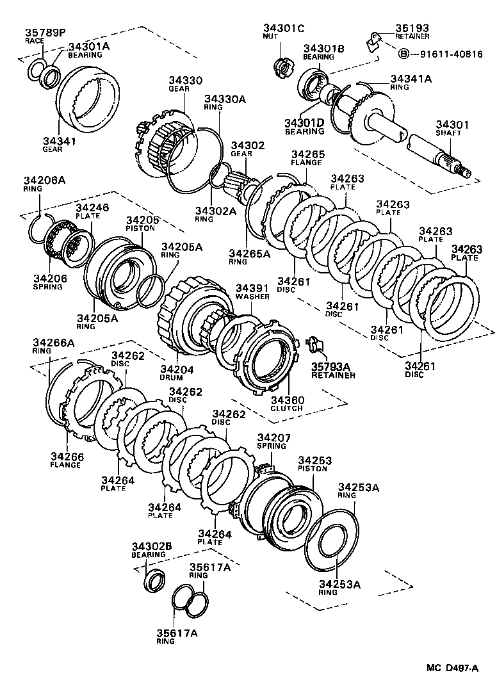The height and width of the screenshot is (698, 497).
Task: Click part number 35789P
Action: point(45,32)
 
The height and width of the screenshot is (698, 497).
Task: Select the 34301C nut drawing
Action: point(283,67)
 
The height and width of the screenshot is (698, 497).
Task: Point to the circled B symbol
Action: point(403,54)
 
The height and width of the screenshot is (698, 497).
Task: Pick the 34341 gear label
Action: point(59,145)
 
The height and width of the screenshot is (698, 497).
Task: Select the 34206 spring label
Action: point(50,282)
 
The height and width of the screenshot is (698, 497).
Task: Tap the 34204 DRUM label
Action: point(177,373)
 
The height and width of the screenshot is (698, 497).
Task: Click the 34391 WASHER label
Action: point(252,292)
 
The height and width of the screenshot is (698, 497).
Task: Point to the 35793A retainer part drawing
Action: point(316,345)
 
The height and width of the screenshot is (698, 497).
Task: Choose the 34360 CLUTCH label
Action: point(287,404)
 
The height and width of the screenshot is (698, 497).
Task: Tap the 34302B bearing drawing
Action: point(155,580)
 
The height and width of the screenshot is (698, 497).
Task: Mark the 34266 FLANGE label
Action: point(67,460)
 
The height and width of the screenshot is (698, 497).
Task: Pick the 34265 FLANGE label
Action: point(307,158)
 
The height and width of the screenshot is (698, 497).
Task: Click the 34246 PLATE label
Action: point(92,211)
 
